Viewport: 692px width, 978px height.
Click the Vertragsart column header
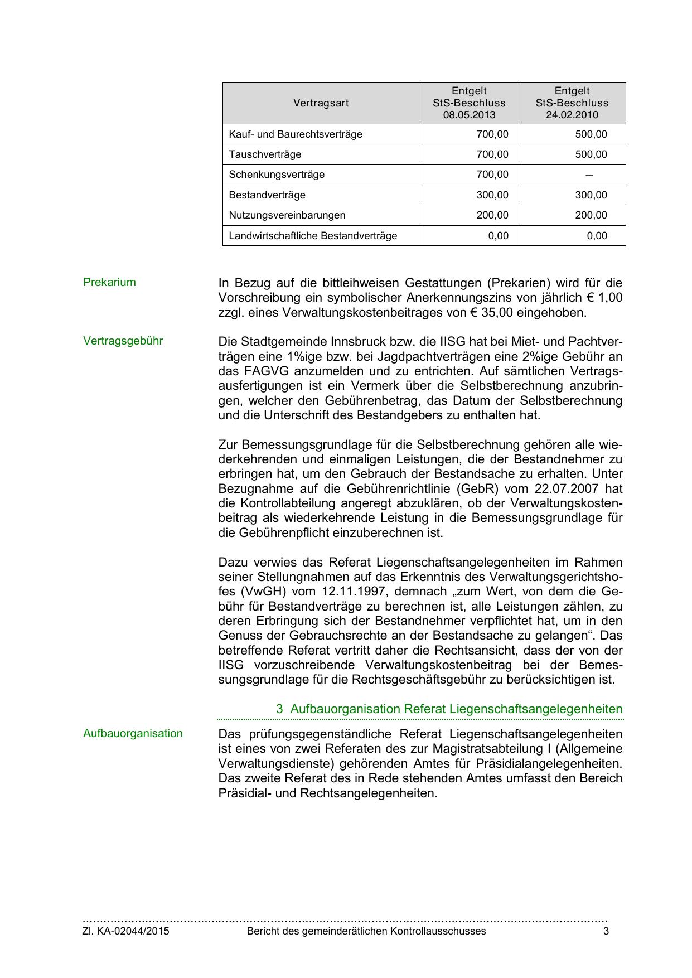(x=321, y=103)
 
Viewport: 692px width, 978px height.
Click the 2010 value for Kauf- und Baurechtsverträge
(x=591, y=134)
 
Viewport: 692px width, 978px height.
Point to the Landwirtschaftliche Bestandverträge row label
(x=313, y=236)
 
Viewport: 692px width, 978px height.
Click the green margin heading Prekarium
(x=109, y=282)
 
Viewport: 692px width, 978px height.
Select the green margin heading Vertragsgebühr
(x=123, y=341)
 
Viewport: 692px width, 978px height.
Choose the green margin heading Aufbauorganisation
(x=133, y=733)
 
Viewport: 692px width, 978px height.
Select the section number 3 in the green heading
(x=279, y=709)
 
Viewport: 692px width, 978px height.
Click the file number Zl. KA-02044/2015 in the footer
(x=126, y=931)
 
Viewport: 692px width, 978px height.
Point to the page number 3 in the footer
(x=606, y=931)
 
